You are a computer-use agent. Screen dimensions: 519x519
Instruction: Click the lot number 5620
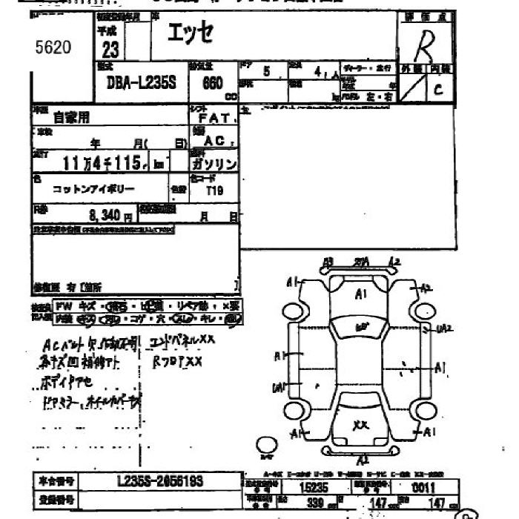(53, 48)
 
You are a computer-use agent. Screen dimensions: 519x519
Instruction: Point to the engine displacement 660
(214, 85)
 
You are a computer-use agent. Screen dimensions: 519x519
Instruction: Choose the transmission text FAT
(222, 117)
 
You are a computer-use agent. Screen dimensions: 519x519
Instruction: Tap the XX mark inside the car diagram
(361, 425)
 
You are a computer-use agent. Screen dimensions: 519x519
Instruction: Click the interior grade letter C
(439, 90)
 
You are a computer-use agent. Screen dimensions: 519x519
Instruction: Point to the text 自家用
(70, 117)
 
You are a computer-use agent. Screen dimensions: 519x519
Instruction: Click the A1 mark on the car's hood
(361, 294)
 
